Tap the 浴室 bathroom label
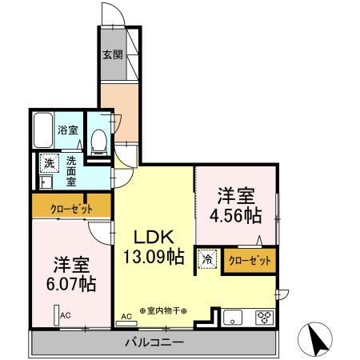[x=67, y=129]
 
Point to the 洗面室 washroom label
[x=71, y=171]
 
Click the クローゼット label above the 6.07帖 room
[x=71, y=209]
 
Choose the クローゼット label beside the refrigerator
[x=249, y=260]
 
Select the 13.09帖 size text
[x=154, y=257]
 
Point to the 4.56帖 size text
[x=236, y=215]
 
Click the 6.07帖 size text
[x=71, y=282]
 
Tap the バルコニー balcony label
[x=154, y=342]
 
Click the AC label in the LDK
[x=126, y=317]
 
